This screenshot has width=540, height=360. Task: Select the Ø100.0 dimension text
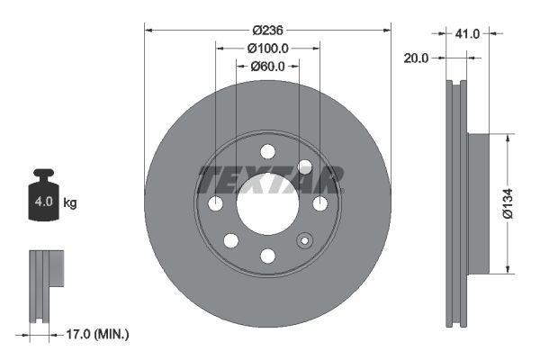[x=267, y=49]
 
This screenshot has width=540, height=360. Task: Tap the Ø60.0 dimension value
[x=267, y=67]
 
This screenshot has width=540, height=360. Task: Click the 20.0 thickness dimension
[x=416, y=58]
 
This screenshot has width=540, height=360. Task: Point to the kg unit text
[x=70, y=203]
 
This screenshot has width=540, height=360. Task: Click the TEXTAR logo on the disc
[x=270, y=179]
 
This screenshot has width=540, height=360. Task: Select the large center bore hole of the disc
[x=267, y=203]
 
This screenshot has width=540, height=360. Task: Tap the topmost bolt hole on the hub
[x=267, y=151]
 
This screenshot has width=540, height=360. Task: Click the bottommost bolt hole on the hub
[x=267, y=256]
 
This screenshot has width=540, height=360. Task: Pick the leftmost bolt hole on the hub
[x=215, y=203]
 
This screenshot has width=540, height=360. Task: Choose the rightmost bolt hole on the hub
[x=319, y=203]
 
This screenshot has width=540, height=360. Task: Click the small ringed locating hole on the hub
[x=304, y=240]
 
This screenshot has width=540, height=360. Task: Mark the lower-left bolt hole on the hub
[x=230, y=240]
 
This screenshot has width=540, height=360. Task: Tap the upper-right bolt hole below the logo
[x=304, y=166]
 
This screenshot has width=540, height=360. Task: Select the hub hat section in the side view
[x=477, y=203]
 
